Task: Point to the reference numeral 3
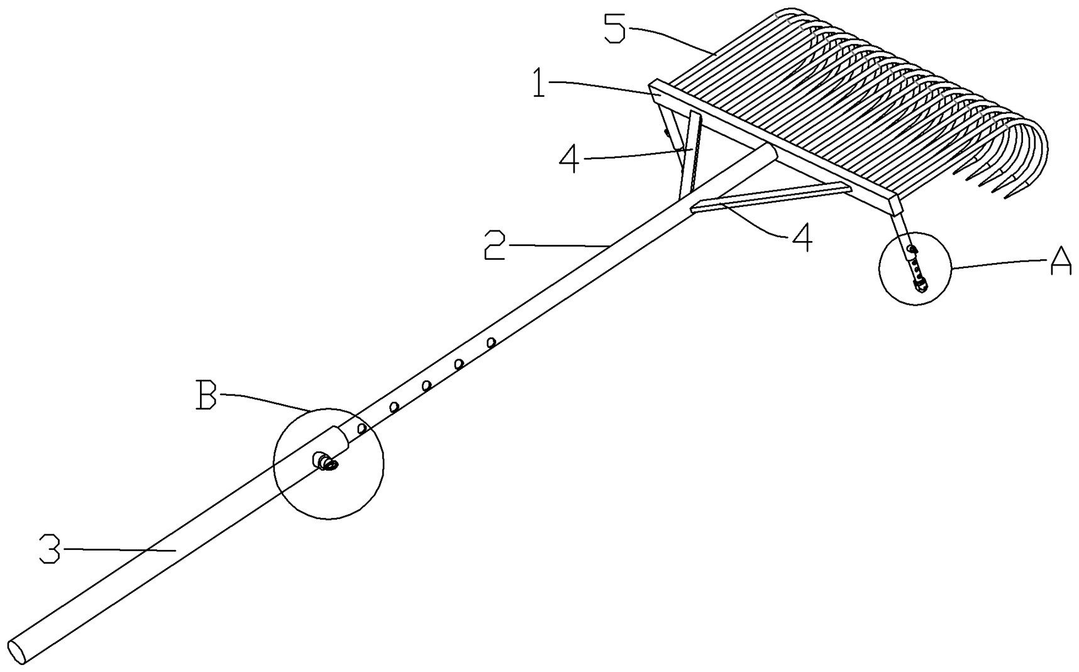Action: (50, 548)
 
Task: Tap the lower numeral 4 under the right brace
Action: (800, 238)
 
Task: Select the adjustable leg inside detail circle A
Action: (913, 261)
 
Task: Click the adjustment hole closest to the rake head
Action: (491, 342)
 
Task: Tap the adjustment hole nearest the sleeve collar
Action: (362, 428)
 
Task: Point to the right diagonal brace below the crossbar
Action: (770, 194)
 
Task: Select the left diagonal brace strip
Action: (689, 154)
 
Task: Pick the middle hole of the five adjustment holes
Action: (426, 385)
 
